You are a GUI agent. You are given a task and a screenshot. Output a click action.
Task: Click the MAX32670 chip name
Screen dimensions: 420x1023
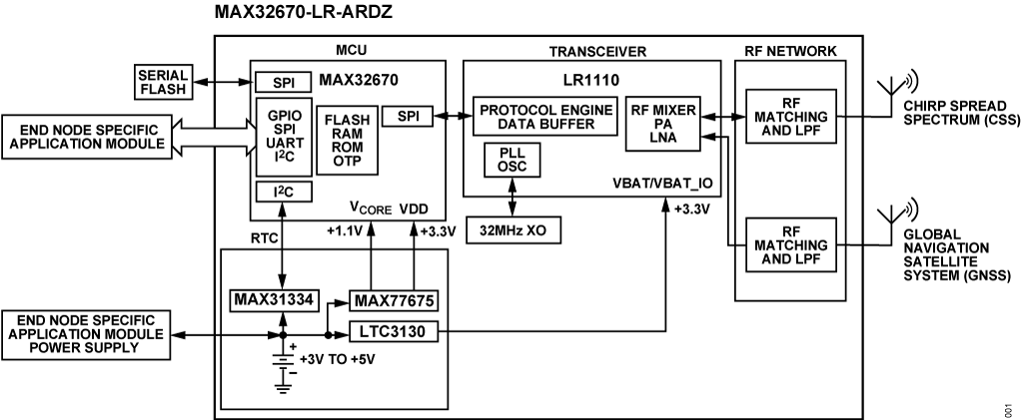tap(361, 79)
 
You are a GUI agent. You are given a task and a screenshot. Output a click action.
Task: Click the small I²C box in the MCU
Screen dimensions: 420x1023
tap(284, 191)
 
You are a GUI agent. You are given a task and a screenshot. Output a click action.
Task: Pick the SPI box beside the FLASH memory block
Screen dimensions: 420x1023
tap(408, 116)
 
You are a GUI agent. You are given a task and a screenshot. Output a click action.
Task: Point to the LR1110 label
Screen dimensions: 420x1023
tap(590, 78)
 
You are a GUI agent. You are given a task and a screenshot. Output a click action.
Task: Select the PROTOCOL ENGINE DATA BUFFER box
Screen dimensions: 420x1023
tap(544, 117)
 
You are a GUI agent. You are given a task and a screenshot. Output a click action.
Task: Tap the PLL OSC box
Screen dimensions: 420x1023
tap(511, 159)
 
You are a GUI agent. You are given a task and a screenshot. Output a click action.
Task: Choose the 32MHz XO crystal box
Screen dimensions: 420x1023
tap(513, 229)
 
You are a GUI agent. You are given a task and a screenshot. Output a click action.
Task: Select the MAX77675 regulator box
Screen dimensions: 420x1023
tap(395, 299)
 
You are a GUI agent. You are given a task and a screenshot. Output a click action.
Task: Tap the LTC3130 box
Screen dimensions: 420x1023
tap(395, 331)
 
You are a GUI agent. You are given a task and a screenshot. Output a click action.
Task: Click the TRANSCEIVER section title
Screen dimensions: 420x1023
tap(598, 51)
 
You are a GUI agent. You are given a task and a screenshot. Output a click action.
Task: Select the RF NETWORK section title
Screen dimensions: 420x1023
tap(791, 51)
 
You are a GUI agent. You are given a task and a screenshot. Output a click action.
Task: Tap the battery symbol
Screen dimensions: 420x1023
tap(284, 364)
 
